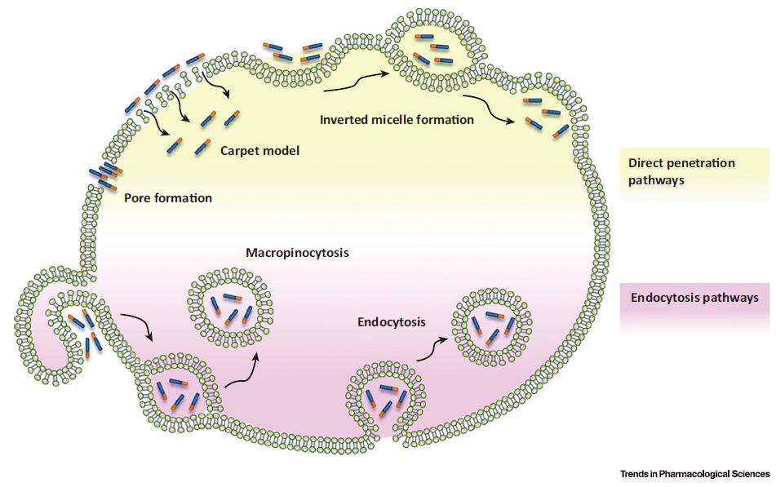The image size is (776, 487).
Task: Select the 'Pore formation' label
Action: [167, 198]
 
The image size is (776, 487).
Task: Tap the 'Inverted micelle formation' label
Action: [397, 120]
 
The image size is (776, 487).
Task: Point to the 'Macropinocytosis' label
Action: [298, 254]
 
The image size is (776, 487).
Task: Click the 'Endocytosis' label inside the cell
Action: [392, 322]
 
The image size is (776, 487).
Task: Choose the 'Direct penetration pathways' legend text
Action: [676, 171]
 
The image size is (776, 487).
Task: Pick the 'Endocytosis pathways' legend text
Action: [694, 298]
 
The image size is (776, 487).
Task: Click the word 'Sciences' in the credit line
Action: [748, 474]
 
